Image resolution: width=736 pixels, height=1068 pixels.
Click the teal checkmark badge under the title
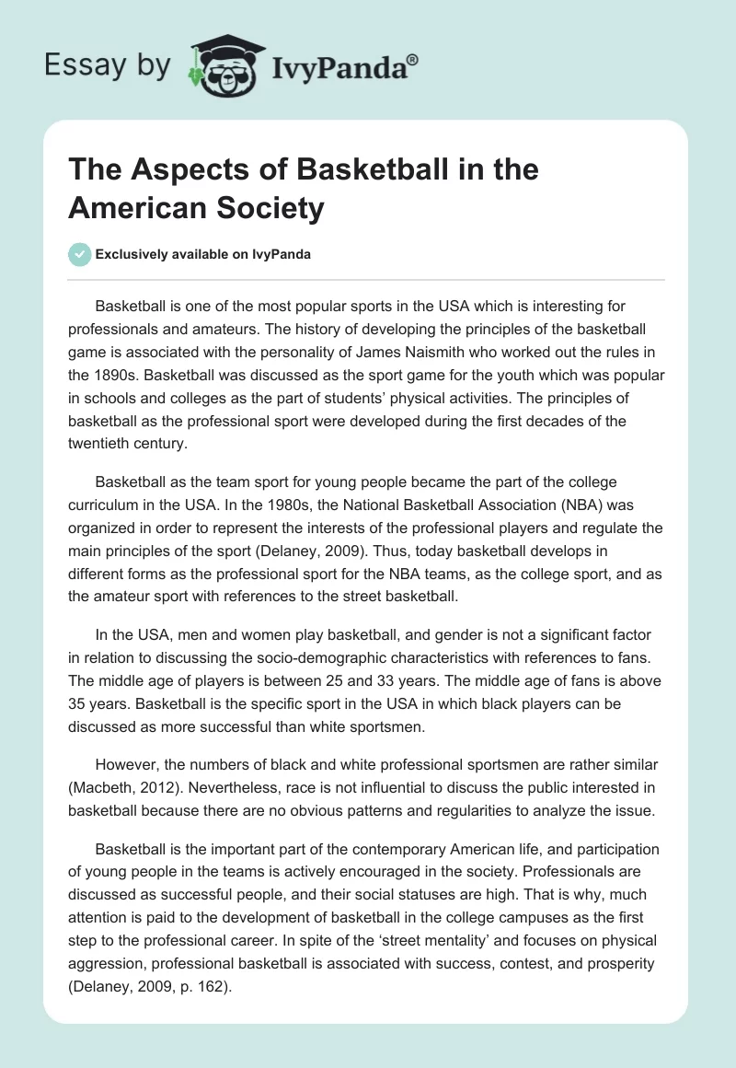point(80,254)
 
